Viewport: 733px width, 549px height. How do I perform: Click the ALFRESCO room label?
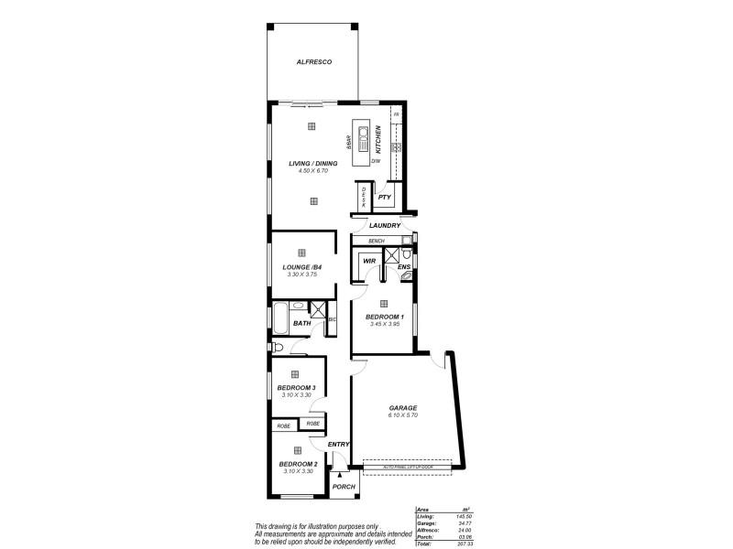click(x=313, y=61)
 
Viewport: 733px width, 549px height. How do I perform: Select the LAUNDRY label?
click(x=385, y=225)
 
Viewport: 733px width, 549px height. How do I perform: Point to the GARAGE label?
click(x=403, y=408)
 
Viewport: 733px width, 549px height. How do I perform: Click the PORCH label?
click(x=344, y=486)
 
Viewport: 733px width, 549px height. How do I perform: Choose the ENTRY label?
click(x=339, y=445)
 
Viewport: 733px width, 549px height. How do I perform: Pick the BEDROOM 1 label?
click(x=384, y=316)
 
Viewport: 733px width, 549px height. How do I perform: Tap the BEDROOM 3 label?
click(x=296, y=387)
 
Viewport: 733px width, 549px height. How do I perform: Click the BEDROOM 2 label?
click(x=298, y=464)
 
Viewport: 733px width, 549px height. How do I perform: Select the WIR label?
click(x=370, y=261)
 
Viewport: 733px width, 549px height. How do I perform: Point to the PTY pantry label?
click(x=385, y=197)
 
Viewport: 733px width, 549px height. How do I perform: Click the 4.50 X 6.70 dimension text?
click(x=312, y=171)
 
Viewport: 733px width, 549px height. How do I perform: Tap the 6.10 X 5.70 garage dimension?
click(x=403, y=415)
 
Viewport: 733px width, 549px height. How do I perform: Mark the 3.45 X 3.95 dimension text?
click(x=384, y=323)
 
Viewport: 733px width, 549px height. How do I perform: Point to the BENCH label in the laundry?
click(x=376, y=241)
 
